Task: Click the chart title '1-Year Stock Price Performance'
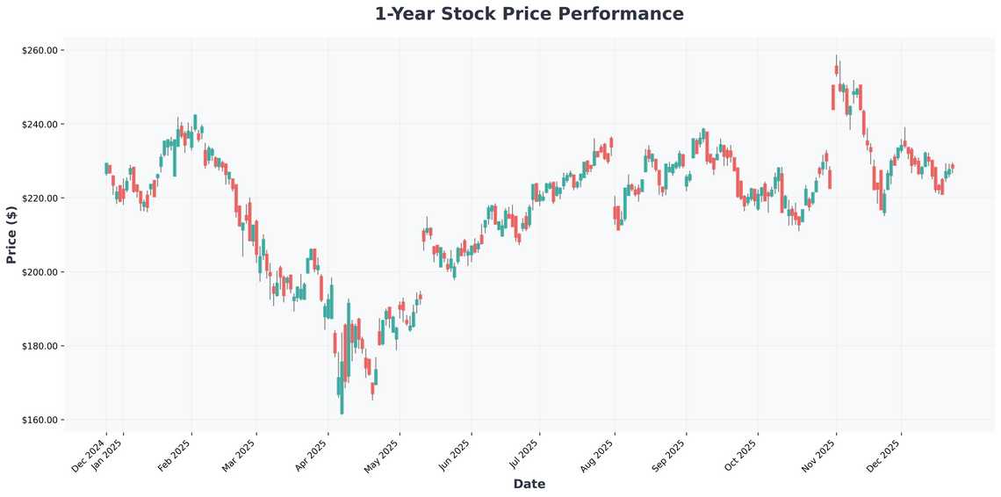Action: tap(529, 14)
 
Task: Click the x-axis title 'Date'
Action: tap(529, 484)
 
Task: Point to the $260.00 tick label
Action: tap(40, 51)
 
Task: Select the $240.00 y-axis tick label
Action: tap(40, 125)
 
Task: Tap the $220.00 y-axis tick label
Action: tap(40, 198)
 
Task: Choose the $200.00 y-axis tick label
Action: tap(40, 272)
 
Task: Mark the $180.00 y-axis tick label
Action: tap(40, 346)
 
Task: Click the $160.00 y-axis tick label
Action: tap(40, 420)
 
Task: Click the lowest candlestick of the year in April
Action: tap(342, 395)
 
